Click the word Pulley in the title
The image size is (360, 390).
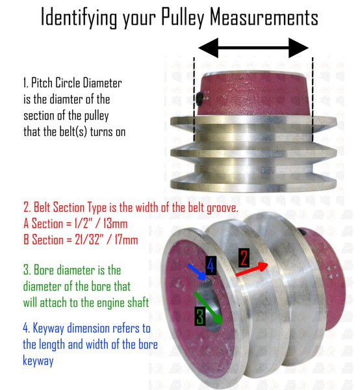[183, 18]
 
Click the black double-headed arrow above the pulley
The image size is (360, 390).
[253, 47]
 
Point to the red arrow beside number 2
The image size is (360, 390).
[251, 269]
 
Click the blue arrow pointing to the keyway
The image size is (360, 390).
[197, 272]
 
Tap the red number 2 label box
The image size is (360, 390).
[244, 257]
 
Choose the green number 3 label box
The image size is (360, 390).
[200, 316]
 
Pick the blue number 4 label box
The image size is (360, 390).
[211, 265]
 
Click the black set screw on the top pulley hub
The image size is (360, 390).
[199, 99]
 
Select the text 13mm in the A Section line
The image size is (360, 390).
[116, 224]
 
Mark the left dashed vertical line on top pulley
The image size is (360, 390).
[194, 99]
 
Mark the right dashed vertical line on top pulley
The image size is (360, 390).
[313, 99]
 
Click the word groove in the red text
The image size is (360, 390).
[222, 208]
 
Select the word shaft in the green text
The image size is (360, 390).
[138, 302]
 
